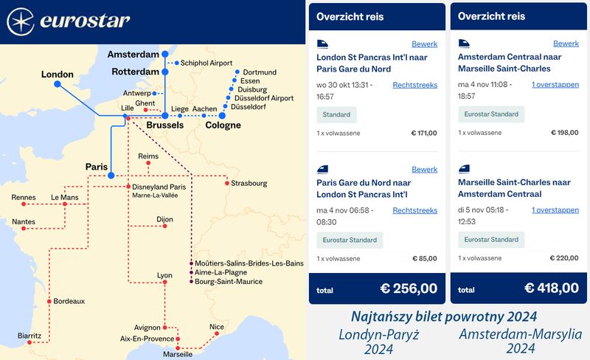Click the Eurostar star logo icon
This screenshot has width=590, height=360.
(21, 21)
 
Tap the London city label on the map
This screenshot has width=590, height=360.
(58, 74)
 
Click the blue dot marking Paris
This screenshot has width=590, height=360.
(111, 176)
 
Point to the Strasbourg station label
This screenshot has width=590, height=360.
(249, 183)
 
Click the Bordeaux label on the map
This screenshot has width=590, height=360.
(69, 301)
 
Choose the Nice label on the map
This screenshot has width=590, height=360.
(217, 327)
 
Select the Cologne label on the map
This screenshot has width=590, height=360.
(223, 125)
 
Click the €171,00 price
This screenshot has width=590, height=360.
(423, 134)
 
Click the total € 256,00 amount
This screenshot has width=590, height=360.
(409, 288)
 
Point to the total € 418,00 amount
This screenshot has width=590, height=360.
(550, 288)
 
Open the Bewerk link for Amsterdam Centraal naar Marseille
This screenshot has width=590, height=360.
(566, 44)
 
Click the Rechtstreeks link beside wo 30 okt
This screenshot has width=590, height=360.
(414, 85)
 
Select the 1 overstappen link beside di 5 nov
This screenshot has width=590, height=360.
(555, 210)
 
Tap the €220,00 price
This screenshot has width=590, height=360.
(564, 259)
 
